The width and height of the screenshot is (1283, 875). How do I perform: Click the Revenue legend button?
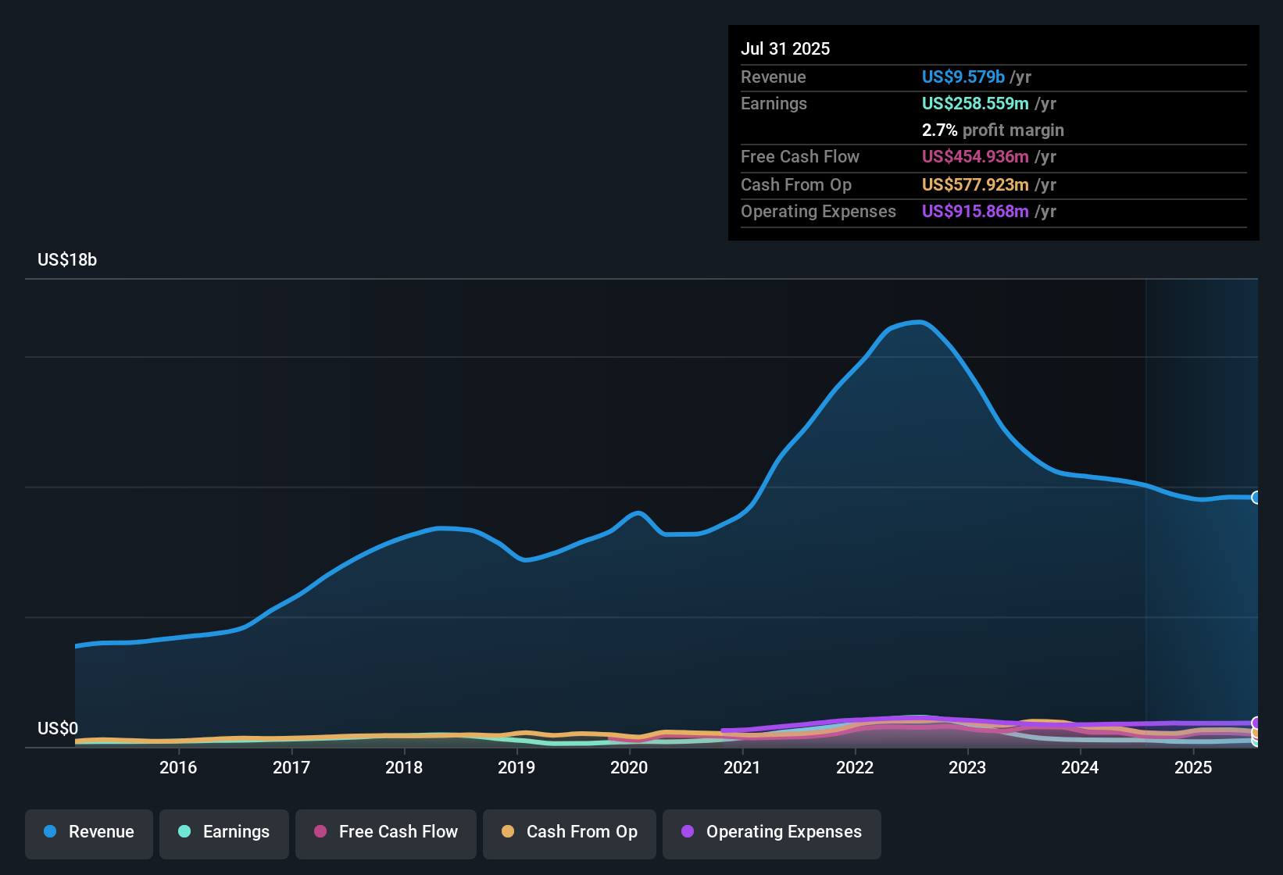click(89, 832)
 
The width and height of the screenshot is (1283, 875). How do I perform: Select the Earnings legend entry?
click(223, 832)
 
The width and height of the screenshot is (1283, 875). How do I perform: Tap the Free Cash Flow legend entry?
click(386, 832)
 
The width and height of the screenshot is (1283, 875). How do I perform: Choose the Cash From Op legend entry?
click(570, 832)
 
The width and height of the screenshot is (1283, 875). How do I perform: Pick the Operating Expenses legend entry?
click(772, 832)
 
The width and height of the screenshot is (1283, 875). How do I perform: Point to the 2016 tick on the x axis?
click(178, 767)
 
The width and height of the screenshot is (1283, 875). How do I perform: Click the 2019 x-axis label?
click(516, 767)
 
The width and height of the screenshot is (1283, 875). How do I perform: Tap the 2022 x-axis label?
click(855, 767)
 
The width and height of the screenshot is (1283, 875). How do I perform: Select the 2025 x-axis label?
click(1193, 767)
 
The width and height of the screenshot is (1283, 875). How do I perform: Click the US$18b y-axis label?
click(67, 260)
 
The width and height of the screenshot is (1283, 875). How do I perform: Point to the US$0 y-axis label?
click(58, 729)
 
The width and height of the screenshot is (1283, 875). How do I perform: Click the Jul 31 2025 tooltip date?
click(785, 48)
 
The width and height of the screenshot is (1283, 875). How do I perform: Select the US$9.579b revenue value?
click(963, 77)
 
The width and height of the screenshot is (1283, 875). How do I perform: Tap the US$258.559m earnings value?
click(974, 104)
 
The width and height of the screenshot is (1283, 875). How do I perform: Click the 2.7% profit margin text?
click(992, 130)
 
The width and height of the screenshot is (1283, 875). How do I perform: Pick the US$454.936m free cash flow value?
click(974, 157)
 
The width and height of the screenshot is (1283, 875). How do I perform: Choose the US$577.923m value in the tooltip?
click(974, 185)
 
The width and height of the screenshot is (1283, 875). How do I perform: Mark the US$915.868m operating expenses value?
click(974, 212)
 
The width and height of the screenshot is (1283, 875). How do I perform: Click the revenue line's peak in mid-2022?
click(920, 322)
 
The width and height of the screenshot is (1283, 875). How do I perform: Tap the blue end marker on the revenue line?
click(1256, 498)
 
